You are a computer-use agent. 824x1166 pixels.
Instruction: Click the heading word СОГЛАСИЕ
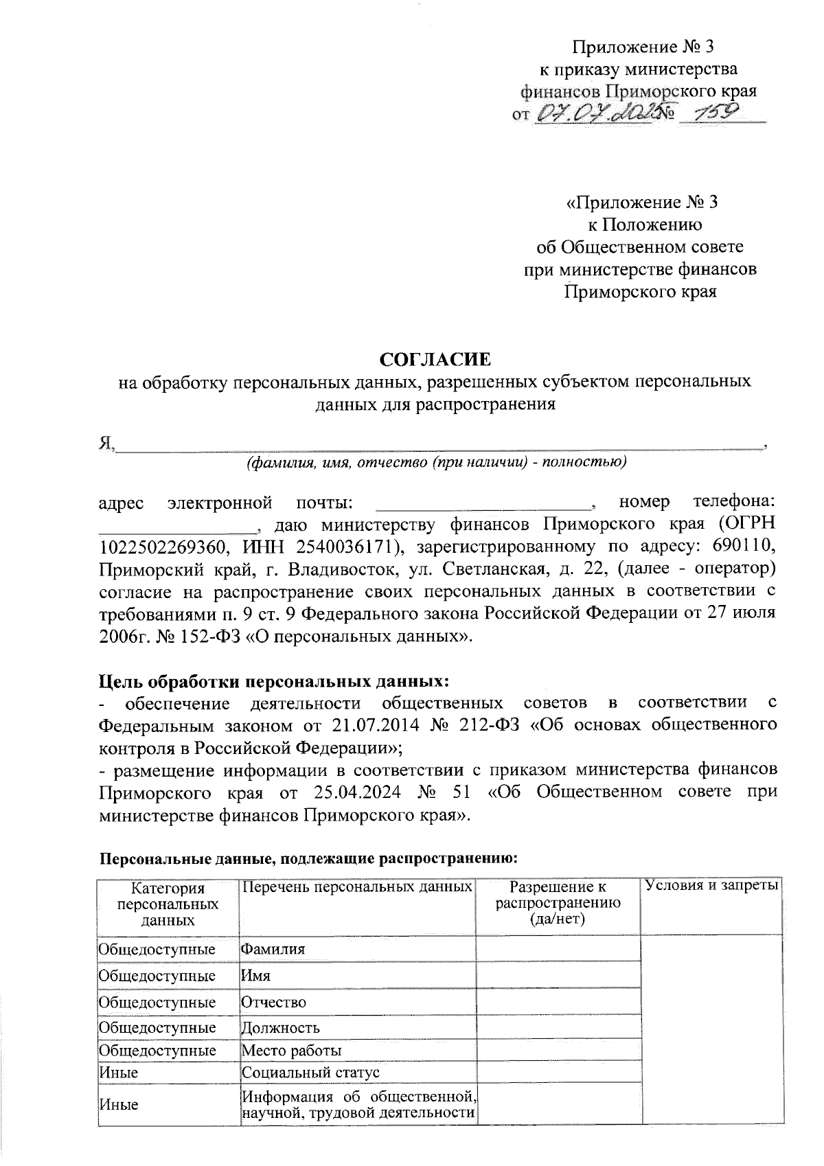(x=436, y=359)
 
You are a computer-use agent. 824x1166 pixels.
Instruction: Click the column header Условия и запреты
(x=711, y=887)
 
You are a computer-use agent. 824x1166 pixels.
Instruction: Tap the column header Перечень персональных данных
(x=356, y=887)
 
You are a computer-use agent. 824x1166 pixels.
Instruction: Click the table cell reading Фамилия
(x=273, y=950)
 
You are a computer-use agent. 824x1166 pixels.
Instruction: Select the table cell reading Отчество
(x=273, y=1002)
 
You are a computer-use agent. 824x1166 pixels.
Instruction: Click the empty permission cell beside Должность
(x=558, y=1028)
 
